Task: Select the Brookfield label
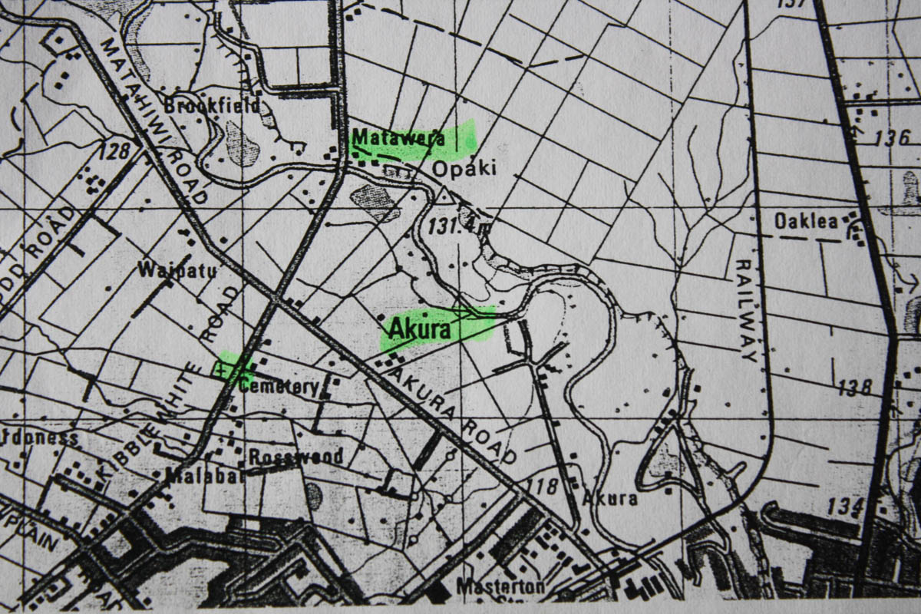pyautogui.click(x=211, y=106)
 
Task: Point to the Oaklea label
pyautogui.click(x=805, y=222)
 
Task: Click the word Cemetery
pyautogui.click(x=279, y=386)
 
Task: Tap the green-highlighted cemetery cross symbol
pyautogui.click(x=223, y=370)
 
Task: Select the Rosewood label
pyautogui.click(x=295, y=456)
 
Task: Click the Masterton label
pyautogui.click(x=500, y=587)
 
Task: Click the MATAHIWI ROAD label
pyautogui.click(x=153, y=119)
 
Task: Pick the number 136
pyautogui.click(x=891, y=139)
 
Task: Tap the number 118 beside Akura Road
pyautogui.click(x=542, y=486)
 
